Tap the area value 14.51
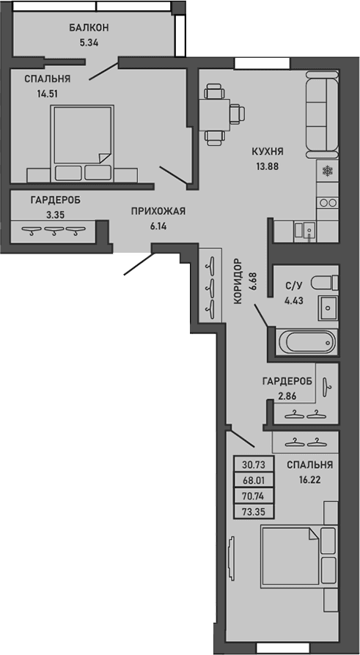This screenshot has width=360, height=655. click(x=48, y=93)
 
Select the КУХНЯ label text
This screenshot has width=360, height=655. click(x=267, y=152)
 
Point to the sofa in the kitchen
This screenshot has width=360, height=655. click(x=320, y=114)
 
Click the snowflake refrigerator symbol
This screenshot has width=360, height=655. click(x=327, y=171)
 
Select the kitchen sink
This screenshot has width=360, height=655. click(x=308, y=230)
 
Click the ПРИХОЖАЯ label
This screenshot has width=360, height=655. click(x=158, y=212)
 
